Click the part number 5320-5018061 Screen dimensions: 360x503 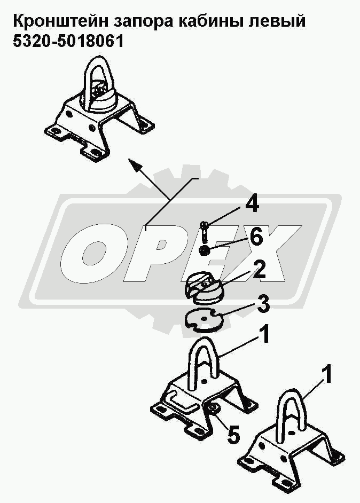(68, 41)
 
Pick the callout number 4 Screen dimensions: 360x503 (252, 205)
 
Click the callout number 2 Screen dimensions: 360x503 (259, 270)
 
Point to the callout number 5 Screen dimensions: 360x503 (233, 436)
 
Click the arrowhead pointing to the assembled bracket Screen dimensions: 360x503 (135, 164)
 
